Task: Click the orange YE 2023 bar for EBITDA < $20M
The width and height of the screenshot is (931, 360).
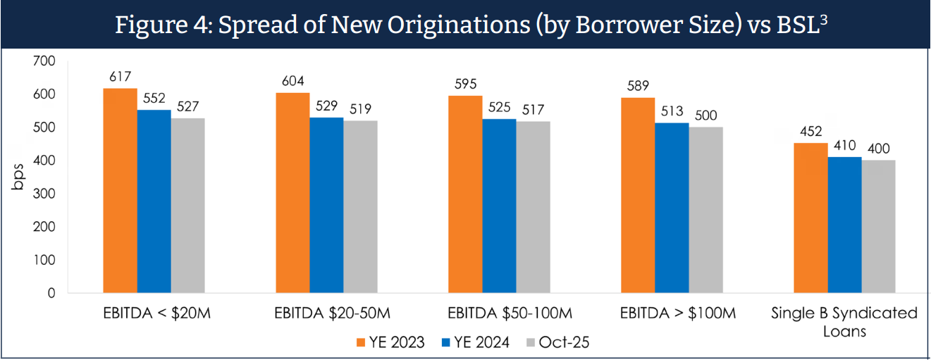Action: pos(120,190)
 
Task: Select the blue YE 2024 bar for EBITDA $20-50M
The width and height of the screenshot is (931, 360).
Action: pos(326,205)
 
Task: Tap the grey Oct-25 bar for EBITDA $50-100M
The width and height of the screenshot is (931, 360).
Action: pos(533,207)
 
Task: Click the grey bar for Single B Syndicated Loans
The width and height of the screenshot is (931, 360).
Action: pos(878,226)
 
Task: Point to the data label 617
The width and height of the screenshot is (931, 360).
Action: pos(121,76)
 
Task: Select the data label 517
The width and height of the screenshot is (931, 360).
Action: pos(534,109)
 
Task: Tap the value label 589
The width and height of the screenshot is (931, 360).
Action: pos(637,85)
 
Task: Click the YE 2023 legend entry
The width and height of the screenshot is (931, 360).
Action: pos(390,342)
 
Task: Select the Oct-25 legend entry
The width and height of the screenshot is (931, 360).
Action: pos(557,342)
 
